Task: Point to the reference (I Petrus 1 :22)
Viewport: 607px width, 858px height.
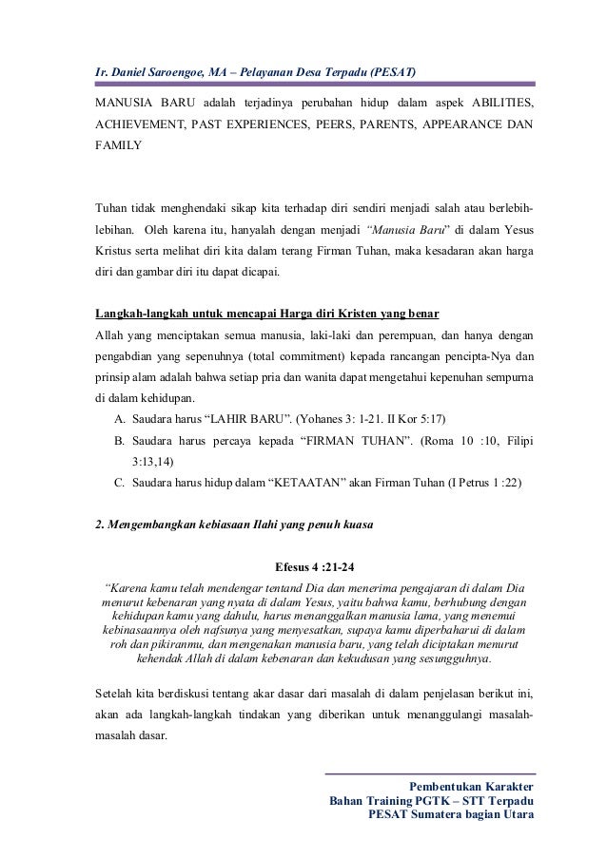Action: [484, 483]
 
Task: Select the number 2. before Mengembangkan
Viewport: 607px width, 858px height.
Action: [98, 525]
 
